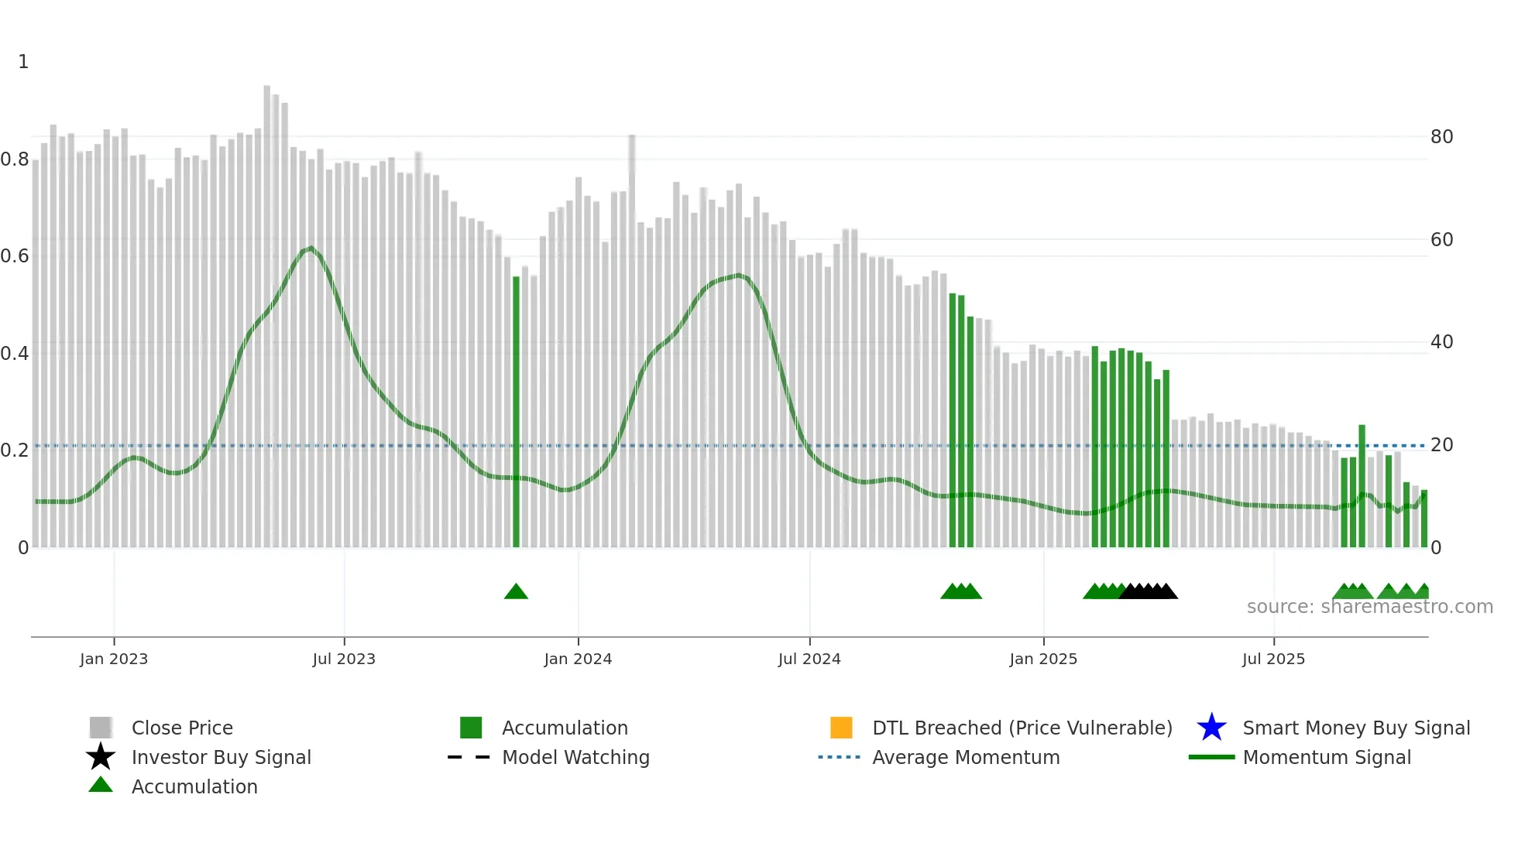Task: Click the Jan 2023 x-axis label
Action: pyautogui.click(x=113, y=659)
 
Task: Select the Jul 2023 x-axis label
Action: pyautogui.click(x=344, y=659)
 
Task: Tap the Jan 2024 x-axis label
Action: pyautogui.click(x=578, y=659)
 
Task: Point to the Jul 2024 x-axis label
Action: pyautogui.click(x=809, y=659)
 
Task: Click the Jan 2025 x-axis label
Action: pyautogui.click(x=1043, y=659)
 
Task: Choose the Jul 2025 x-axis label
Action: pyautogui.click(x=1273, y=659)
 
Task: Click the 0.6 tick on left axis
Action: pyautogui.click(x=15, y=256)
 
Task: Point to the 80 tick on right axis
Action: pyautogui.click(x=1441, y=137)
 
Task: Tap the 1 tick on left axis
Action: pyautogui.click(x=23, y=62)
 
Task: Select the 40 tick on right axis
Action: pyautogui.click(x=1441, y=342)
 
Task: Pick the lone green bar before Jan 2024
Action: pyautogui.click(x=517, y=410)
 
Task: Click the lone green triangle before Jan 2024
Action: pyautogui.click(x=516, y=591)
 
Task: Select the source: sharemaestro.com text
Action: pyautogui.click(x=1369, y=607)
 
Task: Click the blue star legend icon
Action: pyautogui.click(x=1211, y=728)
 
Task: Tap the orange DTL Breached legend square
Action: pyautogui.click(x=841, y=728)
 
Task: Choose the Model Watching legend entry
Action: pyautogui.click(x=575, y=757)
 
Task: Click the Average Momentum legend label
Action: pyautogui.click(x=966, y=757)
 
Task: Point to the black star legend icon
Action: pyautogui.click(x=101, y=757)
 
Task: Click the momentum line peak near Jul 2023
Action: pyautogui.click(x=311, y=248)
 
